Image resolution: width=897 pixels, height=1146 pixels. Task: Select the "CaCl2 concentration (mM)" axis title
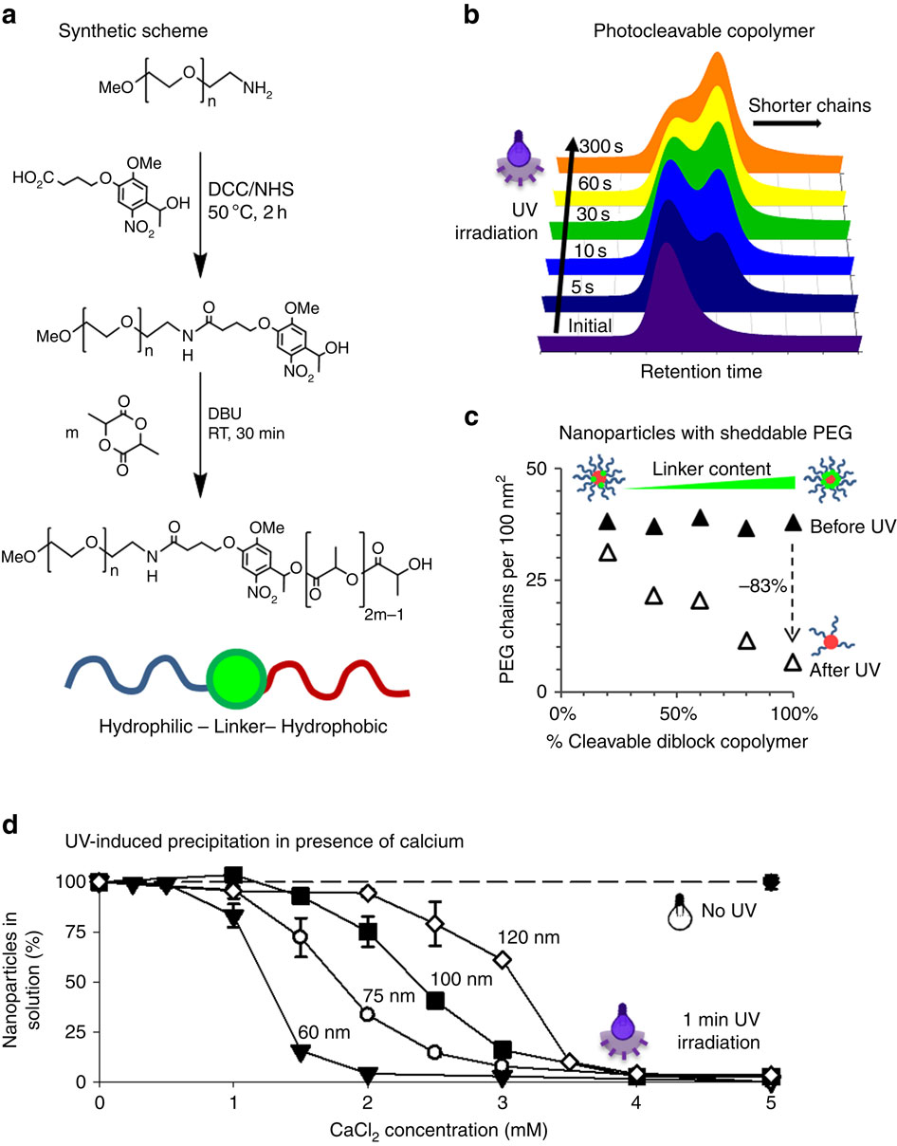435,1129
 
